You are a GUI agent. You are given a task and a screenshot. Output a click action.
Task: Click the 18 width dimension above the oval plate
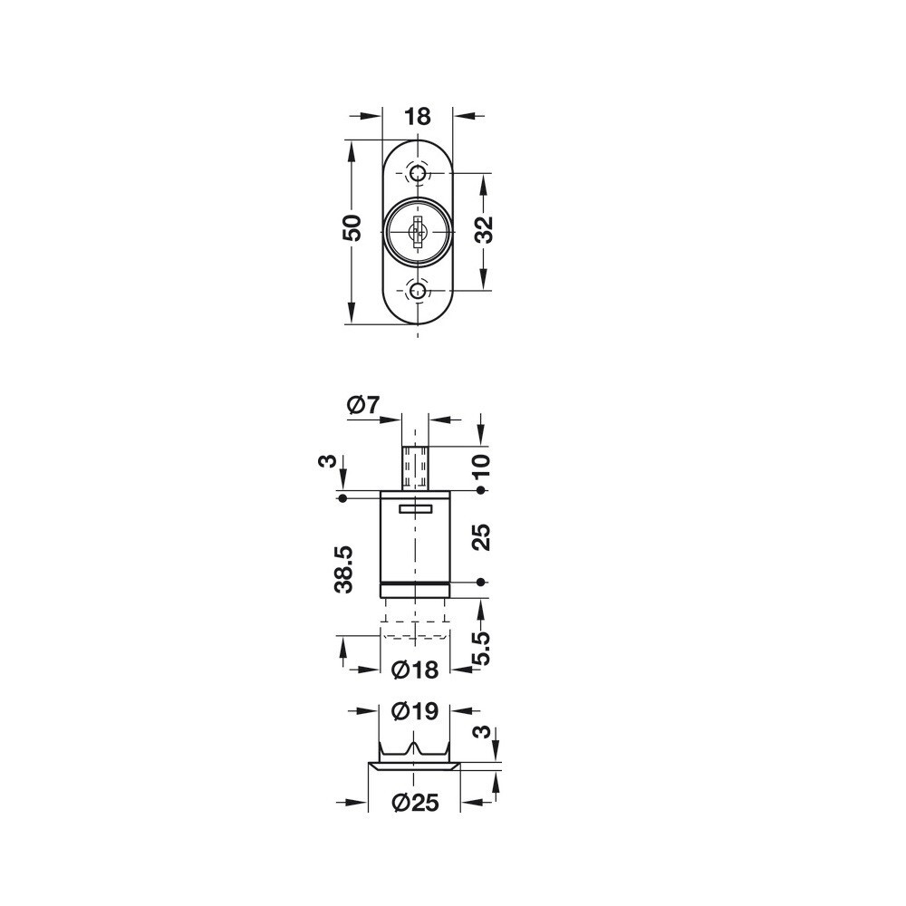[x=417, y=116]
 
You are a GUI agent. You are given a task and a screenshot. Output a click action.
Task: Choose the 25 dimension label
[x=481, y=536]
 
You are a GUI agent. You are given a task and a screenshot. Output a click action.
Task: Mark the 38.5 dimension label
[x=343, y=569]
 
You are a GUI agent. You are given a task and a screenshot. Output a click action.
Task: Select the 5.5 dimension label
[x=481, y=649]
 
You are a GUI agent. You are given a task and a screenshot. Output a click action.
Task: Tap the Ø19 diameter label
[x=415, y=711]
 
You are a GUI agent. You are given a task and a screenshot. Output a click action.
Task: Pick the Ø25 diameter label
[x=415, y=803]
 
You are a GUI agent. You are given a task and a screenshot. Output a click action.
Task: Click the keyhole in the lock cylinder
[x=417, y=232]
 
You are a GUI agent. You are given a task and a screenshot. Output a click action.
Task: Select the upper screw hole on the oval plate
[x=417, y=173]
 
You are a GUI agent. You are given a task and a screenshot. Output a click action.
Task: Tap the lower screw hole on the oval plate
[x=417, y=291]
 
